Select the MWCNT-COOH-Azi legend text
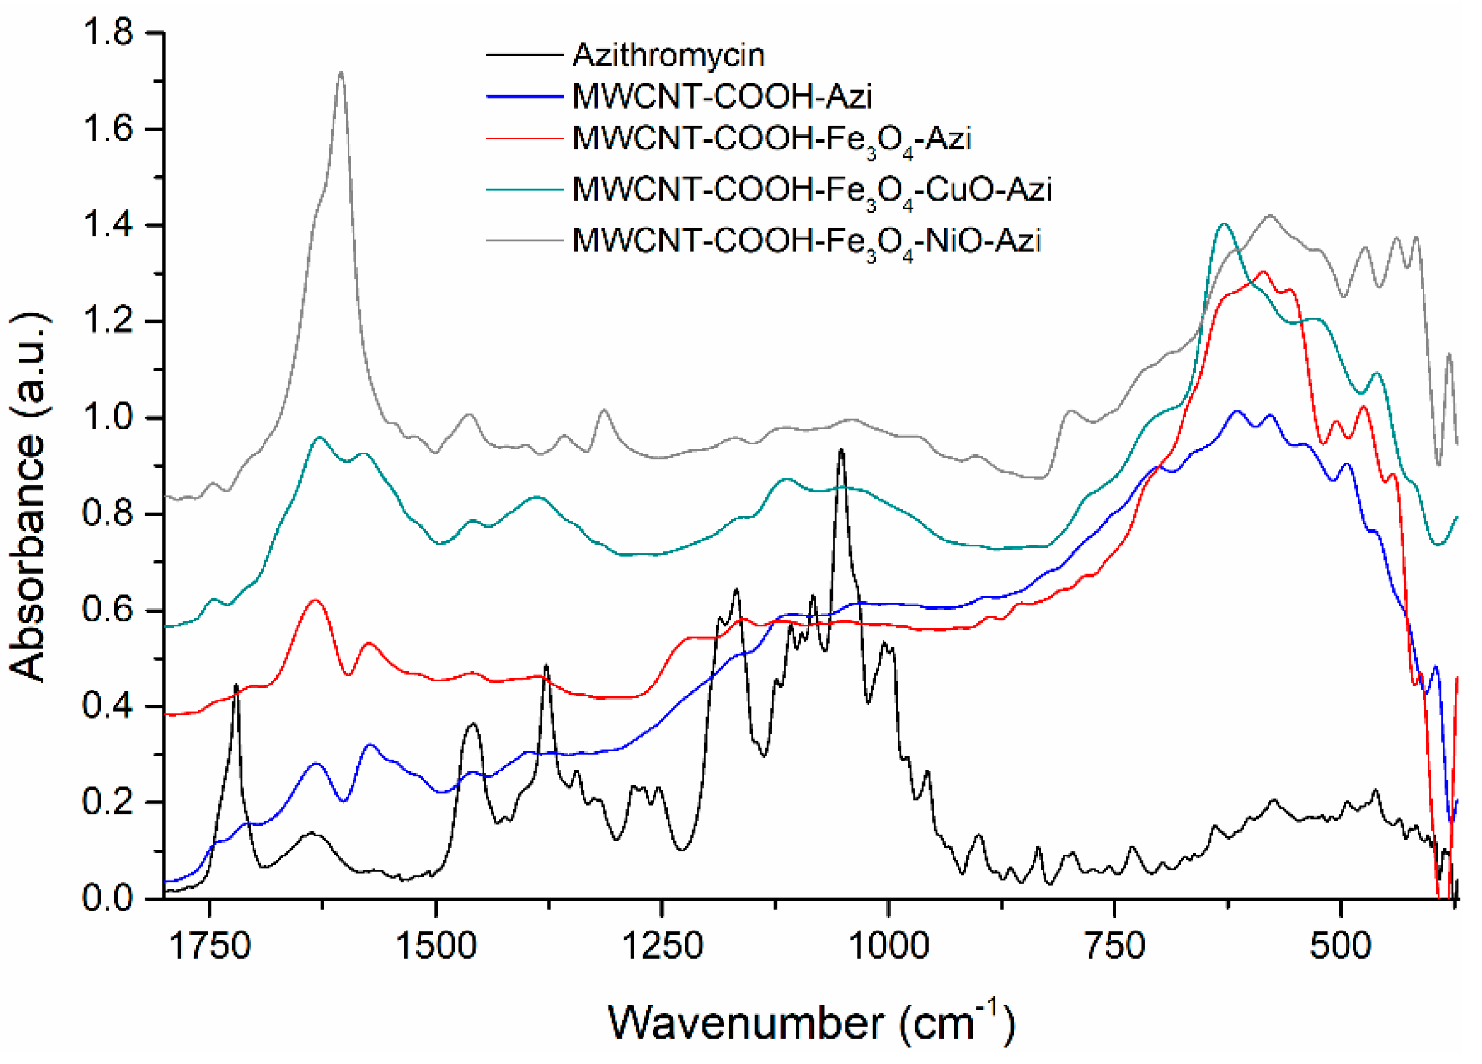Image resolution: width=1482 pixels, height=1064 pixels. coord(721,97)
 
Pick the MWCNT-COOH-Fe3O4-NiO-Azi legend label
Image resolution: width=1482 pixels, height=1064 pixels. coord(806,242)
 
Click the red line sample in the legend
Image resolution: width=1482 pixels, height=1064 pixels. coord(524,139)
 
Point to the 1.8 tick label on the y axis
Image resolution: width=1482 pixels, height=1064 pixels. coord(108,33)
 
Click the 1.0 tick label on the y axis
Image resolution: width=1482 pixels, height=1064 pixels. coord(108,418)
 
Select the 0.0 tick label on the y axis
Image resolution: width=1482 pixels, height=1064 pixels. coord(108,899)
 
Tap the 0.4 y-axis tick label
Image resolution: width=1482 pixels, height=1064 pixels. coord(108,706)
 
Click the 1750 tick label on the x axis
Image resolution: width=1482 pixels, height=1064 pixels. coord(210,946)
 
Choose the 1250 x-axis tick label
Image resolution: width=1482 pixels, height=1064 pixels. coord(662,946)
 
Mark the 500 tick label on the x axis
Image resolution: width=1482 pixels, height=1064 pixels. coord(1340,946)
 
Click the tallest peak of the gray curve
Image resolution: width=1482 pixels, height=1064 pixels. coord(341,73)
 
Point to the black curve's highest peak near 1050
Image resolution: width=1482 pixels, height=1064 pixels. coord(841,449)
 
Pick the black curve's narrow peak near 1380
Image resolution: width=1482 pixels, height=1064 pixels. coord(546,666)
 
